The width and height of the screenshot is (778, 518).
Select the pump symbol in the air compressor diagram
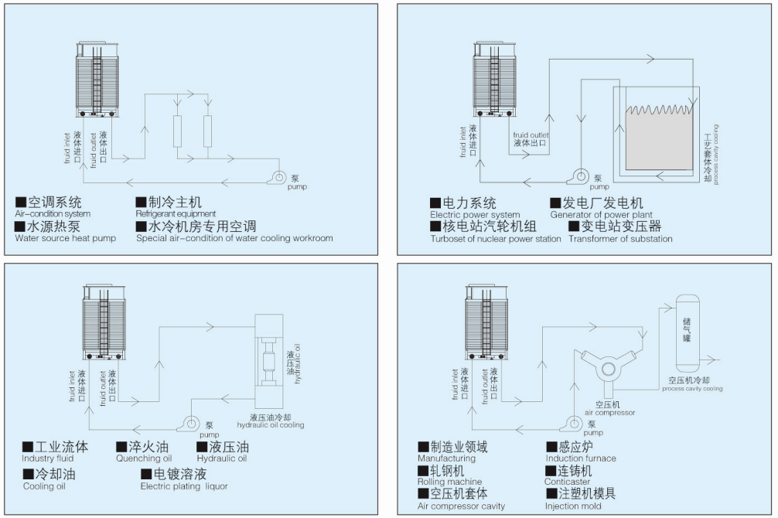573,423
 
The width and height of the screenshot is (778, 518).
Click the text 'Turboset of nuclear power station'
495,239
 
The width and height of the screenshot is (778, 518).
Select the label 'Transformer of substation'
620,239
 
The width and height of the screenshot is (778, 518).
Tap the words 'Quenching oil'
144,458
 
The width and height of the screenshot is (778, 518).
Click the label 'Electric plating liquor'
184,486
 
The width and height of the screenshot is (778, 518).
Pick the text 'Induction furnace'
581,458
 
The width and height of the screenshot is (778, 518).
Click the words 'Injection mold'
572,506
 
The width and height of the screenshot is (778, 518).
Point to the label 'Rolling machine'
449,482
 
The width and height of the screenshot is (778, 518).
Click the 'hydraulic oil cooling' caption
270,425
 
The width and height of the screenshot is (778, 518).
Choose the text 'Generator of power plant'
601,215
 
